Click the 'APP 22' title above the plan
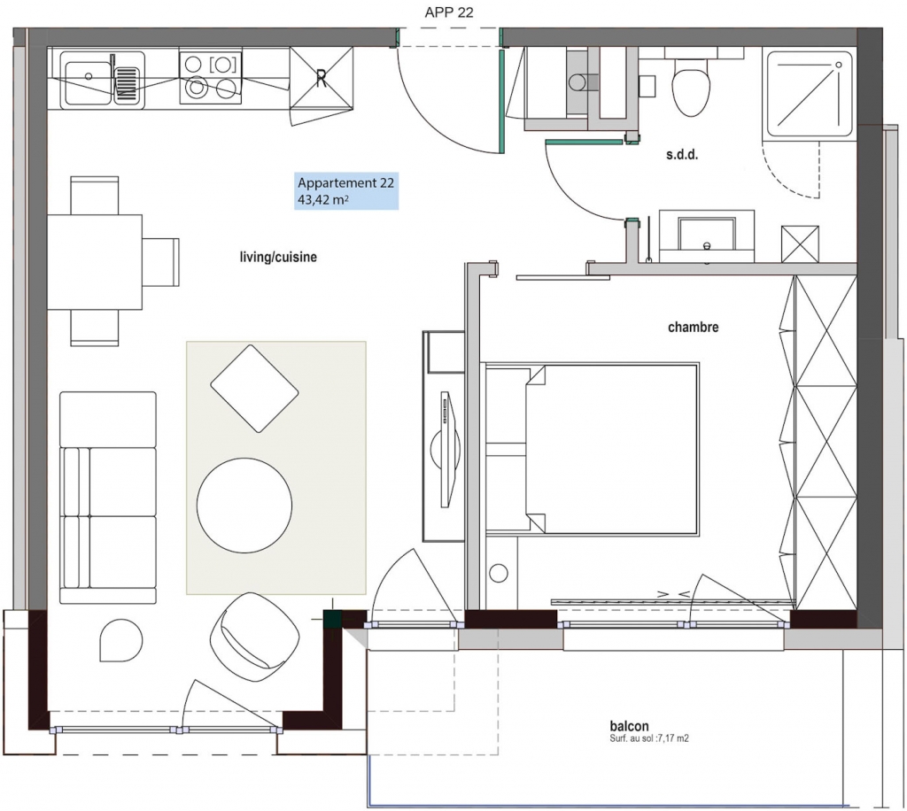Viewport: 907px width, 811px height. click(x=449, y=12)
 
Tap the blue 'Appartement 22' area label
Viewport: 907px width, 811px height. click(x=346, y=190)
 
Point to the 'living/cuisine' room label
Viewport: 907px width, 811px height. click(x=278, y=257)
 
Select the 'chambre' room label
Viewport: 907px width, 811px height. click(x=693, y=328)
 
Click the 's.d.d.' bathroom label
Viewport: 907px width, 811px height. click(x=682, y=155)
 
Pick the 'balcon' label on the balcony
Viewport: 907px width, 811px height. click(x=629, y=725)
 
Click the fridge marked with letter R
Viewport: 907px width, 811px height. click(x=321, y=77)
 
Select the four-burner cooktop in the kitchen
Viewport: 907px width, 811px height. click(x=210, y=77)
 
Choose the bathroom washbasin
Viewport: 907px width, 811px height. click(x=706, y=236)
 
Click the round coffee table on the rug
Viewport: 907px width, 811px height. click(x=244, y=506)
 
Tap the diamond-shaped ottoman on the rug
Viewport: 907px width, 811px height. click(x=254, y=389)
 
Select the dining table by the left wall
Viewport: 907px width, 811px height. click(x=95, y=262)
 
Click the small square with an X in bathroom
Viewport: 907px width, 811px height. click(x=800, y=244)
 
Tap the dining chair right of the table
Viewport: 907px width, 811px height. click(x=161, y=262)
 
